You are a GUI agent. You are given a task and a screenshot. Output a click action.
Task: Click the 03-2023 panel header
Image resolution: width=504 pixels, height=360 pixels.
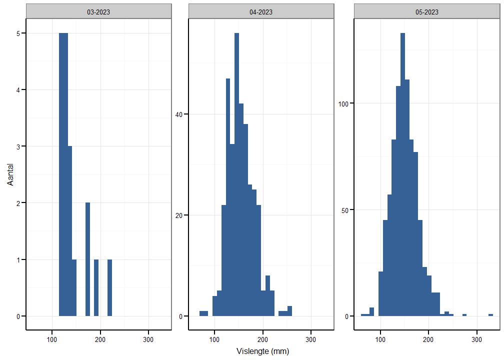pyautogui.click(x=98, y=12)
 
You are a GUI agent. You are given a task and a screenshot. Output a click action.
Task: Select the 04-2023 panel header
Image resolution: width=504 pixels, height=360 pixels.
pyautogui.click(x=261, y=12)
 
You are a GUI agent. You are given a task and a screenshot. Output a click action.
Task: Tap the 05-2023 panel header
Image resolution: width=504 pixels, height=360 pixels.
pyautogui.click(x=426, y=12)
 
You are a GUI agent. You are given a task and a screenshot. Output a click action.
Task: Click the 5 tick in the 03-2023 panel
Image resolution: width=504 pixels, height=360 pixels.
pyautogui.click(x=18, y=33)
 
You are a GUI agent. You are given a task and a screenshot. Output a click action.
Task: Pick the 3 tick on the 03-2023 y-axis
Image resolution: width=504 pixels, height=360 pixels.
pyautogui.click(x=18, y=146)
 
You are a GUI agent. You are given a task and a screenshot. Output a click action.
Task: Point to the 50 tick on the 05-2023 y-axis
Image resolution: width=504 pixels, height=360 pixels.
pyautogui.click(x=344, y=210)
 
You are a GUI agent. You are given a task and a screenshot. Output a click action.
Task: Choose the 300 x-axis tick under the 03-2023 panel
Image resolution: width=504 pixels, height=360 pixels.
pyautogui.click(x=148, y=339)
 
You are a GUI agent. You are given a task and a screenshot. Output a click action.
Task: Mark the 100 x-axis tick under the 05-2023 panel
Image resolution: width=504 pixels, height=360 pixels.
pyautogui.click(x=380, y=339)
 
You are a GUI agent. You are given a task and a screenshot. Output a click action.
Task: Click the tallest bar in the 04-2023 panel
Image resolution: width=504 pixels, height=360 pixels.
pyautogui.click(x=236, y=175)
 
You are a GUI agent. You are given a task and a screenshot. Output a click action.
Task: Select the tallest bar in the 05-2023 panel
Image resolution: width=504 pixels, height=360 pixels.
pyautogui.click(x=402, y=175)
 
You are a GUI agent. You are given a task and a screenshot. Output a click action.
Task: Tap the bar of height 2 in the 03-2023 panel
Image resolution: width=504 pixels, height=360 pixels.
pyautogui.click(x=87, y=259)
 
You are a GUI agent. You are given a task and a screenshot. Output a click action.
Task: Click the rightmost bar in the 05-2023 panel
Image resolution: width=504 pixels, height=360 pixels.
pyautogui.click(x=490, y=315)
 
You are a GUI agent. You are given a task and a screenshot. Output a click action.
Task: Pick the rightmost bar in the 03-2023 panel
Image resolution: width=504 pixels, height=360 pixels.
pyautogui.click(x=109, y=288)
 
